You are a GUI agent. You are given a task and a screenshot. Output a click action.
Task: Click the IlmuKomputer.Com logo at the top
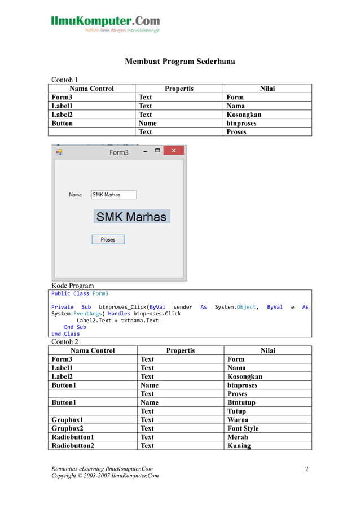coord(106,23)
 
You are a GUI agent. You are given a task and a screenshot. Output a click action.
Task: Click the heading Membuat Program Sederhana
coord(179,61)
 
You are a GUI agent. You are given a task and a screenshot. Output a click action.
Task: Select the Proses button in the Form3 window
coord(108,239)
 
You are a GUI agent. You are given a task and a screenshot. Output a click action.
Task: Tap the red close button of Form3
coord(174,151)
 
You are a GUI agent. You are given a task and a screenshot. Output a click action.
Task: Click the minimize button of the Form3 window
coord(146,151)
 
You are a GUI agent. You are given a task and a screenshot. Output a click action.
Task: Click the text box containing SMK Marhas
coord(113,195)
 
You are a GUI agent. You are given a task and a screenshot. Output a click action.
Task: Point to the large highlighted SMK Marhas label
coord(131,217)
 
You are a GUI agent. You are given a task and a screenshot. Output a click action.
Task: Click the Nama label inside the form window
coord(75,195)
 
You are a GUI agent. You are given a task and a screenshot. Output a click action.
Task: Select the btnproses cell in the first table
coord(242,123)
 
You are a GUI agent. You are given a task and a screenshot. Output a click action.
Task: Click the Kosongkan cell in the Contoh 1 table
coord(244,115)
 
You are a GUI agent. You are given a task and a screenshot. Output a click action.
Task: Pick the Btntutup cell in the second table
coord(241,402)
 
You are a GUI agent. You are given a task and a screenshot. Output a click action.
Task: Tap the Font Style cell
coord(243,428)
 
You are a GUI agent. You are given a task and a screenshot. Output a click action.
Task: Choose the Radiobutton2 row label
coord(73,445)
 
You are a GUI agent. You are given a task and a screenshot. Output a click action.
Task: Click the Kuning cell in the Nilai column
coord(238,445)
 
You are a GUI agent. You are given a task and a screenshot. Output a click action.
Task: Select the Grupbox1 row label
coord(67,420)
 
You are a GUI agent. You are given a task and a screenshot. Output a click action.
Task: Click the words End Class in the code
coord(65,334)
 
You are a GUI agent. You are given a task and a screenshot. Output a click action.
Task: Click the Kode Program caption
coord(72,286)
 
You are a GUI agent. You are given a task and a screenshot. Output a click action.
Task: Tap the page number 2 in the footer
coord(307,469)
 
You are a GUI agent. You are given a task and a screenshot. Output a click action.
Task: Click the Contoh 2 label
coord(65,341)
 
